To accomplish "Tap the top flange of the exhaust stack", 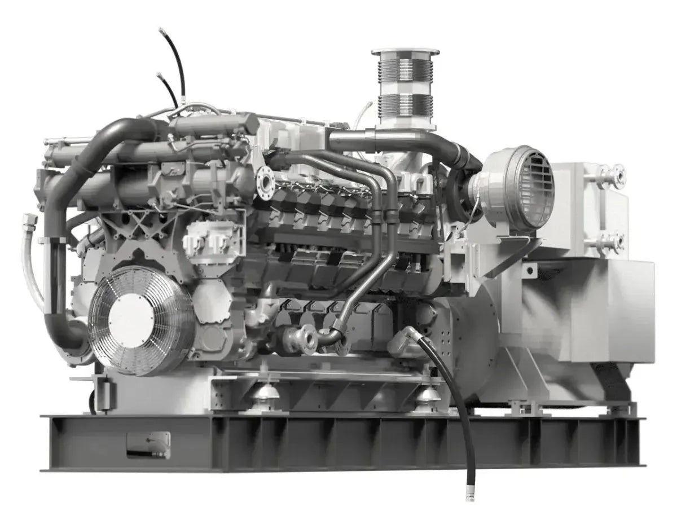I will (x=405, y=52).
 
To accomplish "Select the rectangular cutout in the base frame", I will (x=148, y=444).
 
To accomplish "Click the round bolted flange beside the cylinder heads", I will (x=265, y=182).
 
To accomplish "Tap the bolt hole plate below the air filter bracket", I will (x=529, y=271).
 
